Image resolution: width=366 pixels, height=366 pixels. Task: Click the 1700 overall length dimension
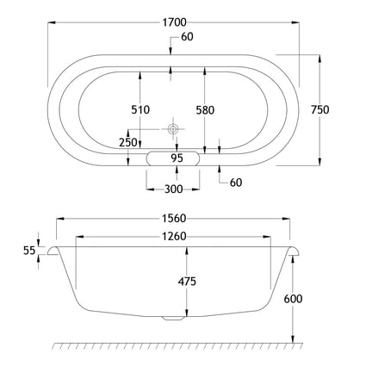[x=175, y=22]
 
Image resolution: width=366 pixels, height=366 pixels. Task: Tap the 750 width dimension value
[x=320, y=109]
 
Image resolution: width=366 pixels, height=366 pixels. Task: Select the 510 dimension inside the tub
[x=140, y=109]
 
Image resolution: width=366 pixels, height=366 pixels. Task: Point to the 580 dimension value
[x=205, y=110]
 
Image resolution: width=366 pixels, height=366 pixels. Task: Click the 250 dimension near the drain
[x=128, y=142]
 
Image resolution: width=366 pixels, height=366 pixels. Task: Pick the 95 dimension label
[x=177, y=158]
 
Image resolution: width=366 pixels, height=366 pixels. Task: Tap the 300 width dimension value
[x=173, y=189]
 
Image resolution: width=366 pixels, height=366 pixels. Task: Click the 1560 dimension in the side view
[x=174, y=219]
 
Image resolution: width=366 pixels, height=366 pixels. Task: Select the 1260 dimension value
[x=174, y=237]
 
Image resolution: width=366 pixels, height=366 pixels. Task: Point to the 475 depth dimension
[x=187, y=282]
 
